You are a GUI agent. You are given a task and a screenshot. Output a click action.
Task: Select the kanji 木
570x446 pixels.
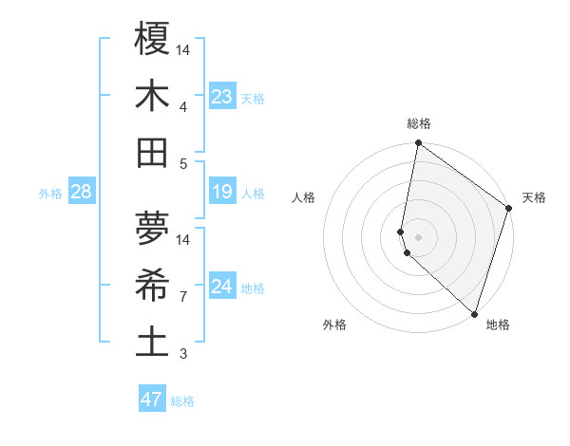(x=152, y=95)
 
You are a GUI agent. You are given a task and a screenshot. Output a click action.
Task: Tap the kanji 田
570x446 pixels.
(x=152, y=152)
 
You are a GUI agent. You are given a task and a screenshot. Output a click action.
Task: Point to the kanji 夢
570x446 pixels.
(x=152, y=228)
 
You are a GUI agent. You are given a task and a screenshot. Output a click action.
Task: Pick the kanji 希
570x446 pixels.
(x=152, y=286)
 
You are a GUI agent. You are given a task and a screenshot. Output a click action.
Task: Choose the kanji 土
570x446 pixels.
(x=152, y=343)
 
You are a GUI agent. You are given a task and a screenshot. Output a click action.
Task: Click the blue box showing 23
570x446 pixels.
(x=222, y=96)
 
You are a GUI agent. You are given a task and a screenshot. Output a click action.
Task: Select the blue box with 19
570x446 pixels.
(x=222, y=193)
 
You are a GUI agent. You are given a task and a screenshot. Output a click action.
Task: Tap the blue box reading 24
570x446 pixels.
(x=222, y=288)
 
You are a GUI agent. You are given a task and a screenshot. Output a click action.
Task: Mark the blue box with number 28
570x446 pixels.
(x=82, y=193)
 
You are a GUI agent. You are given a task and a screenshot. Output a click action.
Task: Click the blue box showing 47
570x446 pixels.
(x=152, y=400)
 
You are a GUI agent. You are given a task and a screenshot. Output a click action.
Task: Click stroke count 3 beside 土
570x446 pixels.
(x=183, y=354)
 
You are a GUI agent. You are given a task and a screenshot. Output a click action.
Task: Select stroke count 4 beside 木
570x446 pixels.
(x=183, y=106)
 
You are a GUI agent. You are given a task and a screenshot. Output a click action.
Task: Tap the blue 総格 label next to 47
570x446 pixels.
(x=182, y=401)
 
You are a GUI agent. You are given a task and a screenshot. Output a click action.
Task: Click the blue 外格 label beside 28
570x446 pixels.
(x=50, y=194)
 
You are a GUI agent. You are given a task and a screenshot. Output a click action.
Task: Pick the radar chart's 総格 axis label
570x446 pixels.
(x=419, y=123)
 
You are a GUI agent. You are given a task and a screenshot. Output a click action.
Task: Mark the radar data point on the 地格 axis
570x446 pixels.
(x=474, y=313)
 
